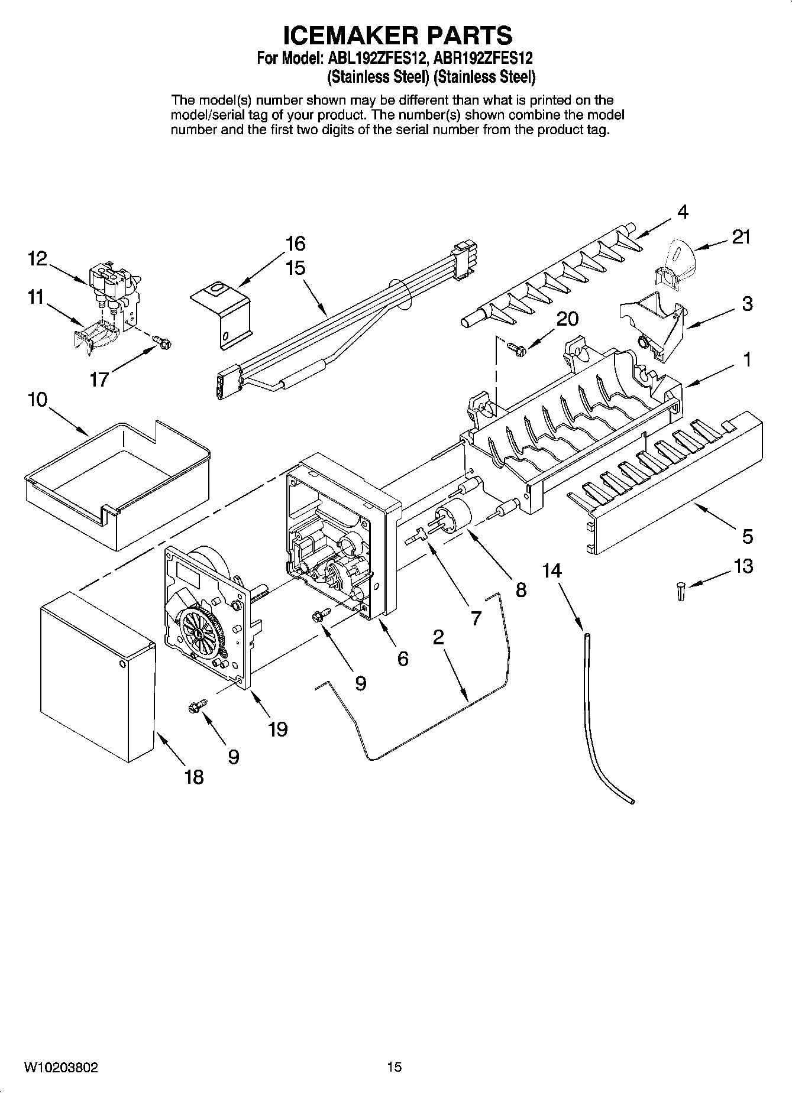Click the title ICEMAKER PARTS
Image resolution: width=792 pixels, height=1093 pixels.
pos(397,35)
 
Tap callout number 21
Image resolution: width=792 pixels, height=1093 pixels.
pos(741,237)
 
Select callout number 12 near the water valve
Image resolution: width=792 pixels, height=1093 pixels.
pos(37,258)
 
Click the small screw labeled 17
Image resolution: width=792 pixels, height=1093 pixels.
pos(160,341)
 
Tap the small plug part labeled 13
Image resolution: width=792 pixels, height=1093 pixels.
pos(681,591)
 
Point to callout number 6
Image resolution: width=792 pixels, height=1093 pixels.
pos(402,659)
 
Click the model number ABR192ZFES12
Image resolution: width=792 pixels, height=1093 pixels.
pos(483,59)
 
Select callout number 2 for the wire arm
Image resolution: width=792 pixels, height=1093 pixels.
pos(438,638)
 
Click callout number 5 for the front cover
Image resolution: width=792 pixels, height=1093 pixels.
pos(748,537)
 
